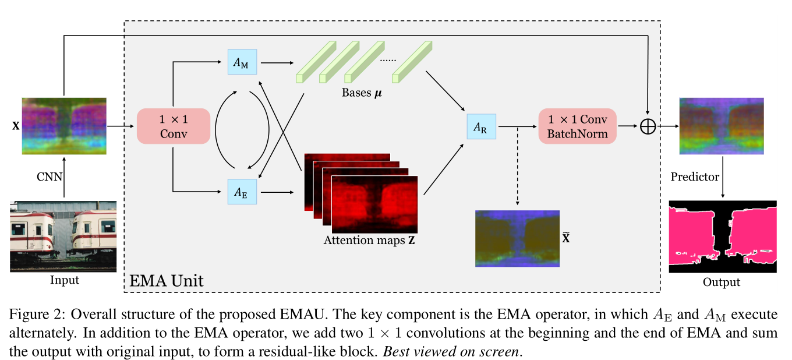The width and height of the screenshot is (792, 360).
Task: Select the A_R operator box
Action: [x=481, y=126]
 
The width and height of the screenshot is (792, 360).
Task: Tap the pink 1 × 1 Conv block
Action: [x=173, y=126]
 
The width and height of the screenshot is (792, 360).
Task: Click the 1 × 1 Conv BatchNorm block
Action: [x=578, y=126]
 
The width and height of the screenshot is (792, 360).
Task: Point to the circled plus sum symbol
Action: [x=648, y=126]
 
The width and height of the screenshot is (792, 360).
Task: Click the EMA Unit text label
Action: [x=165, y=281]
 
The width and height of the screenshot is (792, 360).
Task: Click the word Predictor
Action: [x=694, y=177]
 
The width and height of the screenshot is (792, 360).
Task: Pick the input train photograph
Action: [x=63, y=236]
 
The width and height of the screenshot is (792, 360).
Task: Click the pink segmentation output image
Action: [x=723, y=236]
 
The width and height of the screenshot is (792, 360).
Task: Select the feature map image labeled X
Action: [x=64, y=126]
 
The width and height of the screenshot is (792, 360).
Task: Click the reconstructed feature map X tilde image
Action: [x=517, y=238]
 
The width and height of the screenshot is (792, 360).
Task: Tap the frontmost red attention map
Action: [x=375, y=203]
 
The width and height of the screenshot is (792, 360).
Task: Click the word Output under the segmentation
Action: [x=722, y=282]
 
